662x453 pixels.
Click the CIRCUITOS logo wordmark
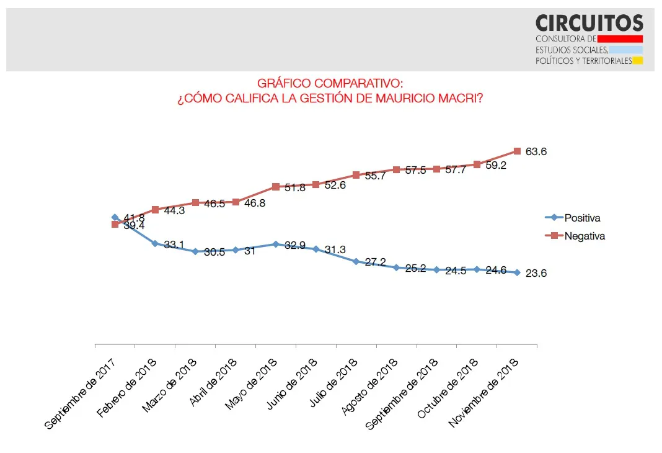tap(589, 24)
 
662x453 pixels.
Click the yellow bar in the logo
tap(637, 61)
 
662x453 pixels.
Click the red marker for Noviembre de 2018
tap(517, 151)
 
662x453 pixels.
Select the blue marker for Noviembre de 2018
tap(517, 272)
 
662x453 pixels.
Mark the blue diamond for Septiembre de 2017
tap(115, 217)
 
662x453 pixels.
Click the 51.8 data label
tap(295, 187)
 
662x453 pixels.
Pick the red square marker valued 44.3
tap(155, 210)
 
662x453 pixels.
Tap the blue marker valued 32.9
tap(276, 244)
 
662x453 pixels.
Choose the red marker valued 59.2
tap(477, 164)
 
